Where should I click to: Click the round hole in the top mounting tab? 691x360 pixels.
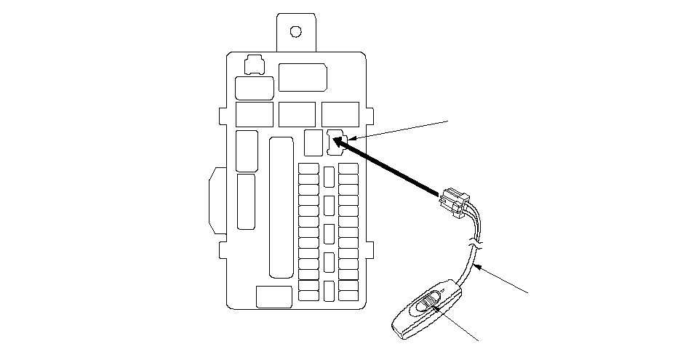[295, 31]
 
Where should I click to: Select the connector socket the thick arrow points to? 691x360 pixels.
[335, 142]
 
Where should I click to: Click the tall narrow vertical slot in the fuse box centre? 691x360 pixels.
[281, 207]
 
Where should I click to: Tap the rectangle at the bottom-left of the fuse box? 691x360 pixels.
[274, 296]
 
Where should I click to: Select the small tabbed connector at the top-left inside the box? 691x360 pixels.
[254, 65]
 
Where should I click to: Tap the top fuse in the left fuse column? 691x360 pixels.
[309, 169]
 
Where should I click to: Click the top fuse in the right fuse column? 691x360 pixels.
[348, 169]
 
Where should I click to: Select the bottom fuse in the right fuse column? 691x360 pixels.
[348, 296]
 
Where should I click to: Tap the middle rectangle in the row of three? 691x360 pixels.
[297, 115]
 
